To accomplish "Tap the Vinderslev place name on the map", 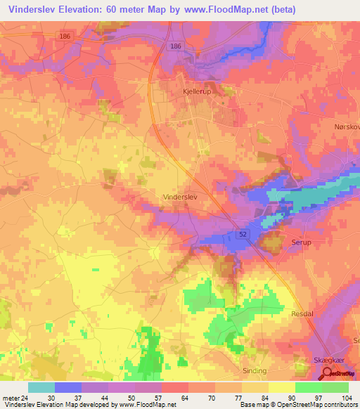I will coord(181,197).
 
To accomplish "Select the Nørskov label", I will coord(345,127).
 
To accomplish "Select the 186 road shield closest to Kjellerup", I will coord(176,46).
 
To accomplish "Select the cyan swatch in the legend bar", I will coord(41,387).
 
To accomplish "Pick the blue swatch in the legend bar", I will coord(68,387).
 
